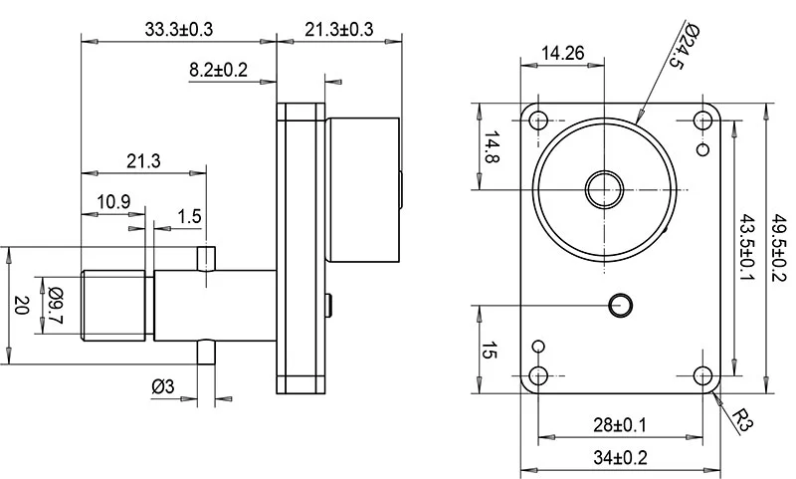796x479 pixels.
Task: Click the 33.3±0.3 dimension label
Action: [x=179, y=30]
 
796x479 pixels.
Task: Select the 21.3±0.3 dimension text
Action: [x=339, y=30]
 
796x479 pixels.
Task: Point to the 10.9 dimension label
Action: [x=113, y=201]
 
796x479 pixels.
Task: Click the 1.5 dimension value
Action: [x=189, y=216]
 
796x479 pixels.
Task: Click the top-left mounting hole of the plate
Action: [x=539, y=121]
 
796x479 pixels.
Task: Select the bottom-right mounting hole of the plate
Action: [x=704, y=376]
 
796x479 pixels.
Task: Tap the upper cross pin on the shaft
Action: [x=207, y=258]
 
